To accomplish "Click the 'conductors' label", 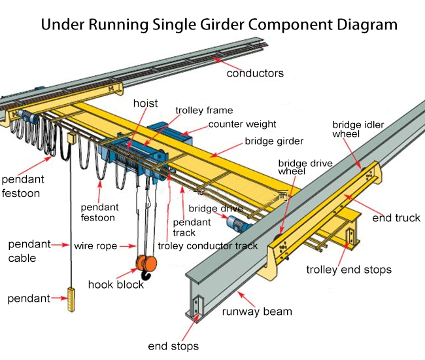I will coord(255,73).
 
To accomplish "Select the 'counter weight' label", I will coord(242,124).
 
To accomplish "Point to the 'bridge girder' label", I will coord(274,140).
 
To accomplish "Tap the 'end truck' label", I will coord(396,218).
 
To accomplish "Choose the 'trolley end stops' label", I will coord(349,269).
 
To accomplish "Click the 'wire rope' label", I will coord(95,246).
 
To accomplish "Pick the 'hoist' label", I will coord(145,103).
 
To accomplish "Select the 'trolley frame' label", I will coord(204,111).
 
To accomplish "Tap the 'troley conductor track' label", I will coord(207,246).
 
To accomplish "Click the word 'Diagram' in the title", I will coord(362,25).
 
